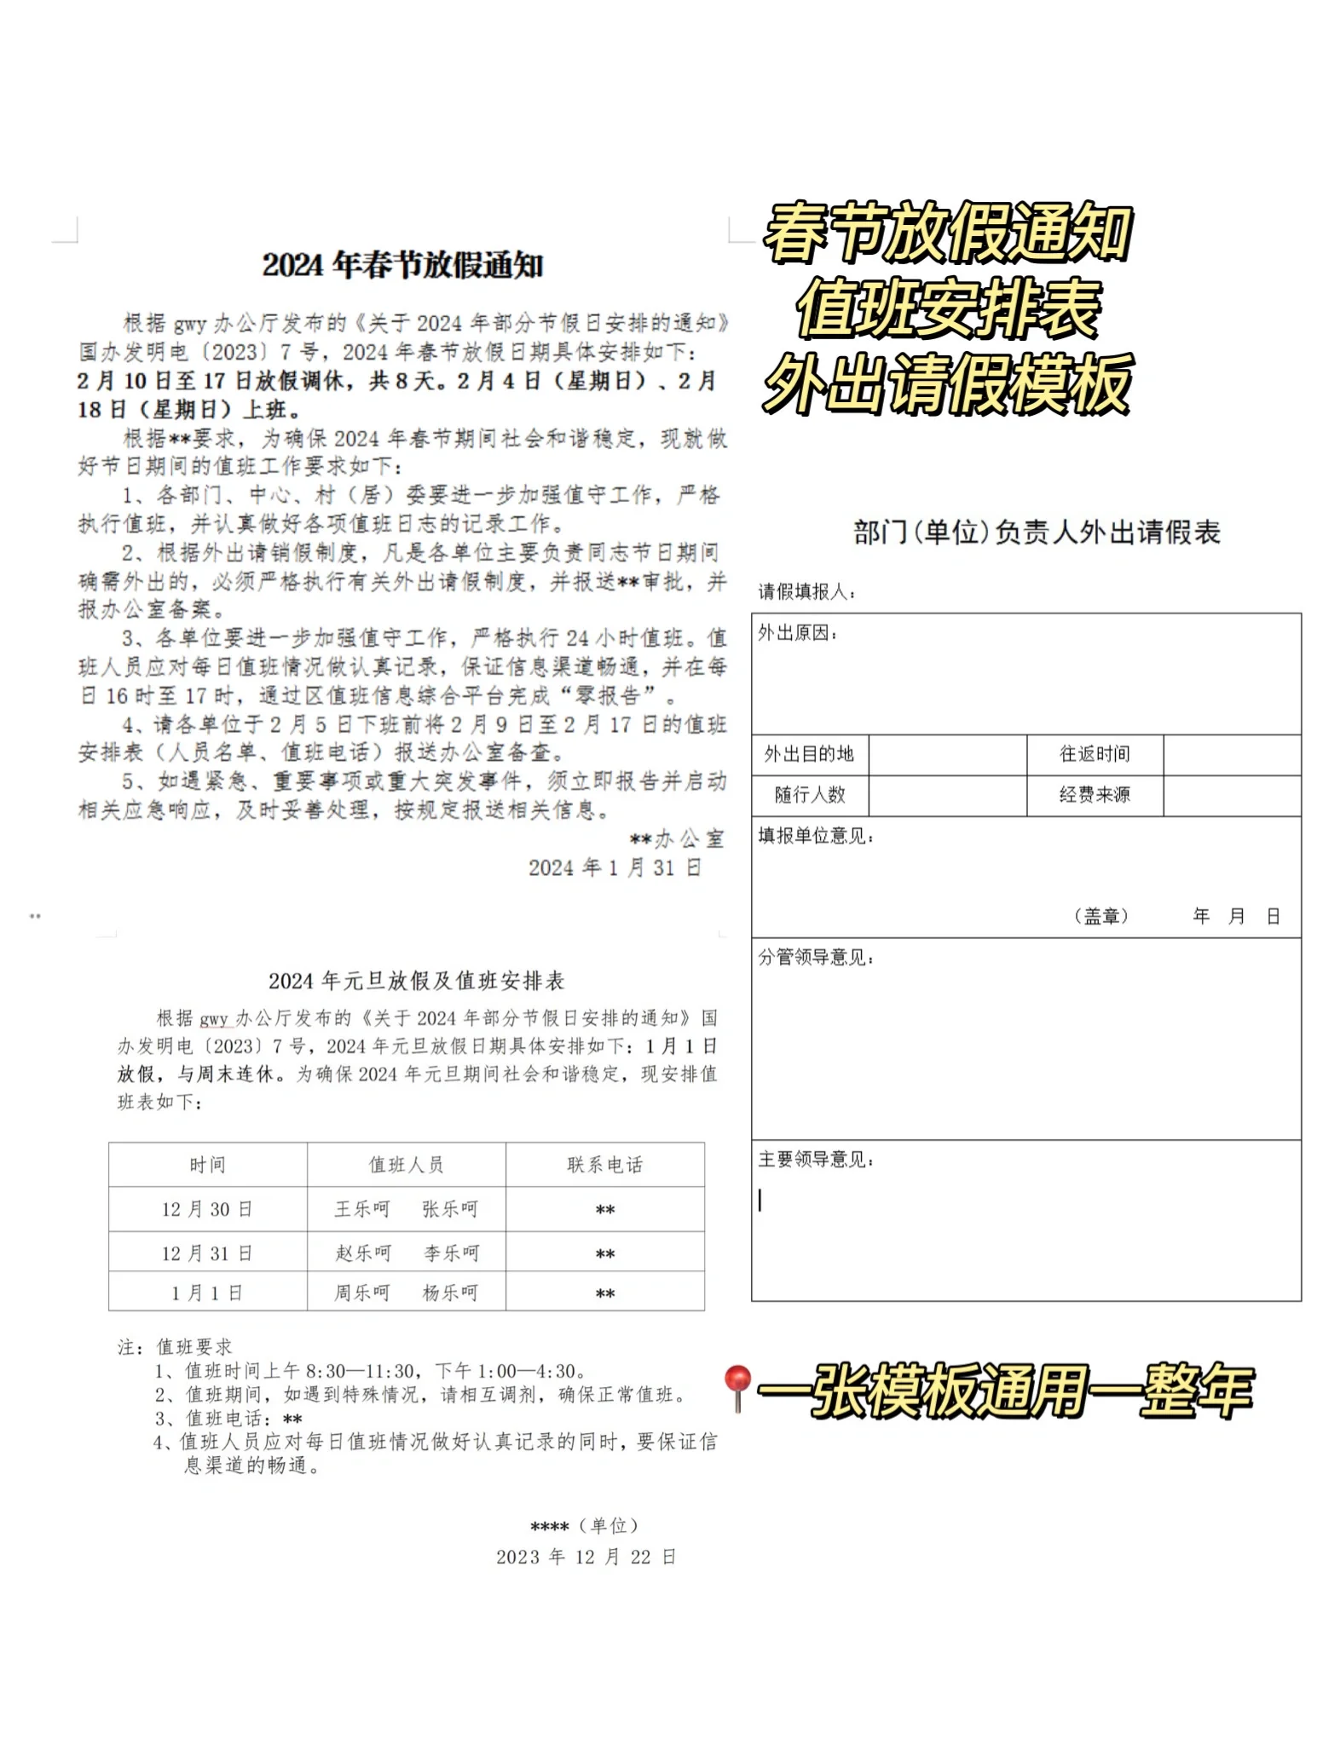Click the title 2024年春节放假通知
pos(402,265)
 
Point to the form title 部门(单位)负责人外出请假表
pos(1037,533)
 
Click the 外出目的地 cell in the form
pos(809,754)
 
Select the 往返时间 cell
pos(1095,754)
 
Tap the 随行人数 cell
pos(809,795)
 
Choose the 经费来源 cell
pos(1095,795)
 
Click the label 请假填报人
pos(806,591)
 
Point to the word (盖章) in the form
pos(1101,916)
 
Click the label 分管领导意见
pos(816,958)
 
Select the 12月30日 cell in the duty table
pos(207,1209)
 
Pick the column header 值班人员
pos(406,1165)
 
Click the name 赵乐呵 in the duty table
pos(363,1253)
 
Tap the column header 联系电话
pos(605,1165)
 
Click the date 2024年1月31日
pos(615,867)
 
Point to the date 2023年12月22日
pos(586,1557)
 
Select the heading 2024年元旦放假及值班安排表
pos(416,981)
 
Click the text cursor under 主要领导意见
pos(760,1200)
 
